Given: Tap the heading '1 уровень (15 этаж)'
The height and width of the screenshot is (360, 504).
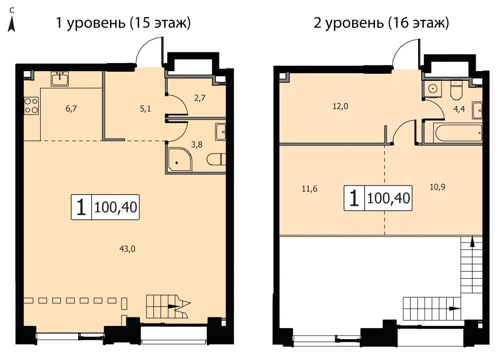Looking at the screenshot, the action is click(123, 23).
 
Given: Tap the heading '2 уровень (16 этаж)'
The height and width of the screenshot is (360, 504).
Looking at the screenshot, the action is click(381, 23).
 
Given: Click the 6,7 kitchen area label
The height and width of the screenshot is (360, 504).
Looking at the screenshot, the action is click(71, 108).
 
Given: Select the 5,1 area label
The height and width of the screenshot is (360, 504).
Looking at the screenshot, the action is click(145, 109).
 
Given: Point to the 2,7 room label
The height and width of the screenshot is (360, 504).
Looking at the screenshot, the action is click(200, 98).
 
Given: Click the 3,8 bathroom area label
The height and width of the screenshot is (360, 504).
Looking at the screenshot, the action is click(197, 144).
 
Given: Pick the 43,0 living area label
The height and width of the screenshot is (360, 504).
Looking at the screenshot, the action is click(128, 249).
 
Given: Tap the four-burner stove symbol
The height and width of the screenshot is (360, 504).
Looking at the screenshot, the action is click(31, 106).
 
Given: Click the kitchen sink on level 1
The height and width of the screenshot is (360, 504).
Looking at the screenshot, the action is click(59, 79).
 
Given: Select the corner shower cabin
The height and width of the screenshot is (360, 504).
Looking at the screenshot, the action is click(179, 159).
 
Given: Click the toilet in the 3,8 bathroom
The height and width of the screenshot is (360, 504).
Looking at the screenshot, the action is click(216, 159).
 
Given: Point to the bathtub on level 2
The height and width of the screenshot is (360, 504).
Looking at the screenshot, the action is click(458, 133).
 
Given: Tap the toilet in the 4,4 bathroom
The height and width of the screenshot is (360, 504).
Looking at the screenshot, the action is click(456, 91).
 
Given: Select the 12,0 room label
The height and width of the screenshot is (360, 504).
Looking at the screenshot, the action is click(340, 106).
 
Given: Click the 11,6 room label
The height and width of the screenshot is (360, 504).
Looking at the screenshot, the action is click(309, 189).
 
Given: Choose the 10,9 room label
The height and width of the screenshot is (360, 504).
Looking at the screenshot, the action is click(437, 187).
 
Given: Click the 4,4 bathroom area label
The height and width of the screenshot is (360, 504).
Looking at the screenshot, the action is click(459, 109).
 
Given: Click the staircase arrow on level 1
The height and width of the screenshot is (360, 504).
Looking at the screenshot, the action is click(173, 307).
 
